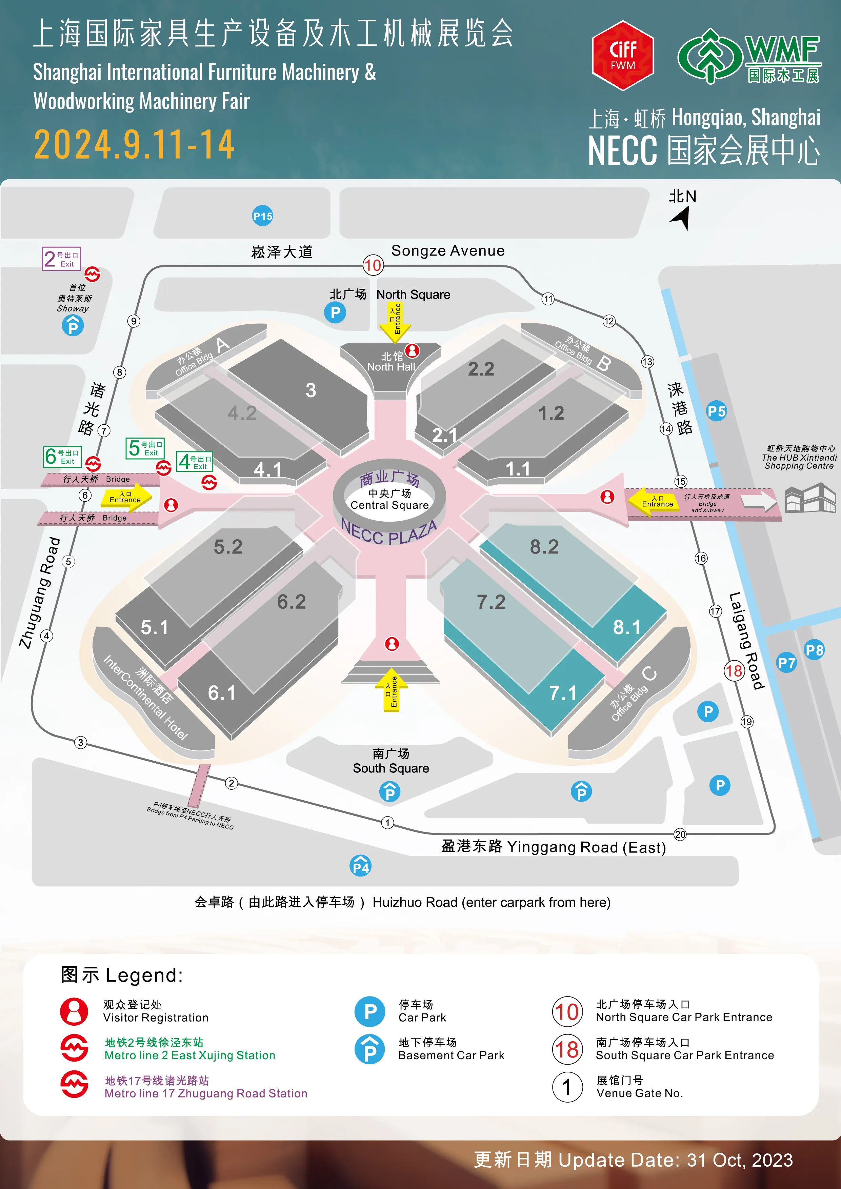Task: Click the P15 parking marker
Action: click(x=263, y=216)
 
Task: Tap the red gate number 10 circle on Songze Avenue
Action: click(x=373, y=266)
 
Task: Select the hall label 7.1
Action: click(x=563, y=693)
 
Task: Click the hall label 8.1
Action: click(x=627, y=627)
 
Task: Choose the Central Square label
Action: click(x=389, y=505)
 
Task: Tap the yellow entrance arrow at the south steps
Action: click(x=392, y=690)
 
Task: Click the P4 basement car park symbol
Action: click(x=360, y=865)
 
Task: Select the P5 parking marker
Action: click(x=717, y=412)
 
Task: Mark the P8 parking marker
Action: click(x=814, y=650)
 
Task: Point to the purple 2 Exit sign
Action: click(x=61, y=258)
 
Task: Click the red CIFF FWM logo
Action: click(x=622, y=55)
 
